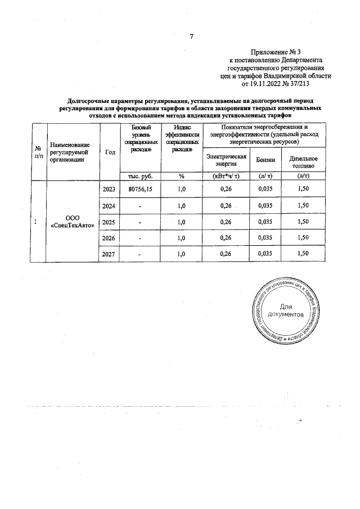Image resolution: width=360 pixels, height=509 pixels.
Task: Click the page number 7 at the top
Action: (191, 37)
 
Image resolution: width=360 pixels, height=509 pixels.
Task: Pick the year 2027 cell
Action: (109, 254)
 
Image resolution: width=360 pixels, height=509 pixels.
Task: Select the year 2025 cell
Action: (109, 222)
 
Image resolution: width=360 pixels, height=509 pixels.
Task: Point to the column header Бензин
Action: (265, 160)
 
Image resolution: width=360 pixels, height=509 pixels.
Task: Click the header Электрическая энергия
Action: (226, 160)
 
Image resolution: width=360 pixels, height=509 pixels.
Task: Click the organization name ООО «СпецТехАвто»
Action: (73, 222)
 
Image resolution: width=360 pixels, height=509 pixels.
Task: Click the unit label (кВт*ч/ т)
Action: (226, 175)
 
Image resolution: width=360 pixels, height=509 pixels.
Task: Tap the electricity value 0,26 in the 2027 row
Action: (226, 254)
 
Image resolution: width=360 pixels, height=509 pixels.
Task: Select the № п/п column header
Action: (38, 151)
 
